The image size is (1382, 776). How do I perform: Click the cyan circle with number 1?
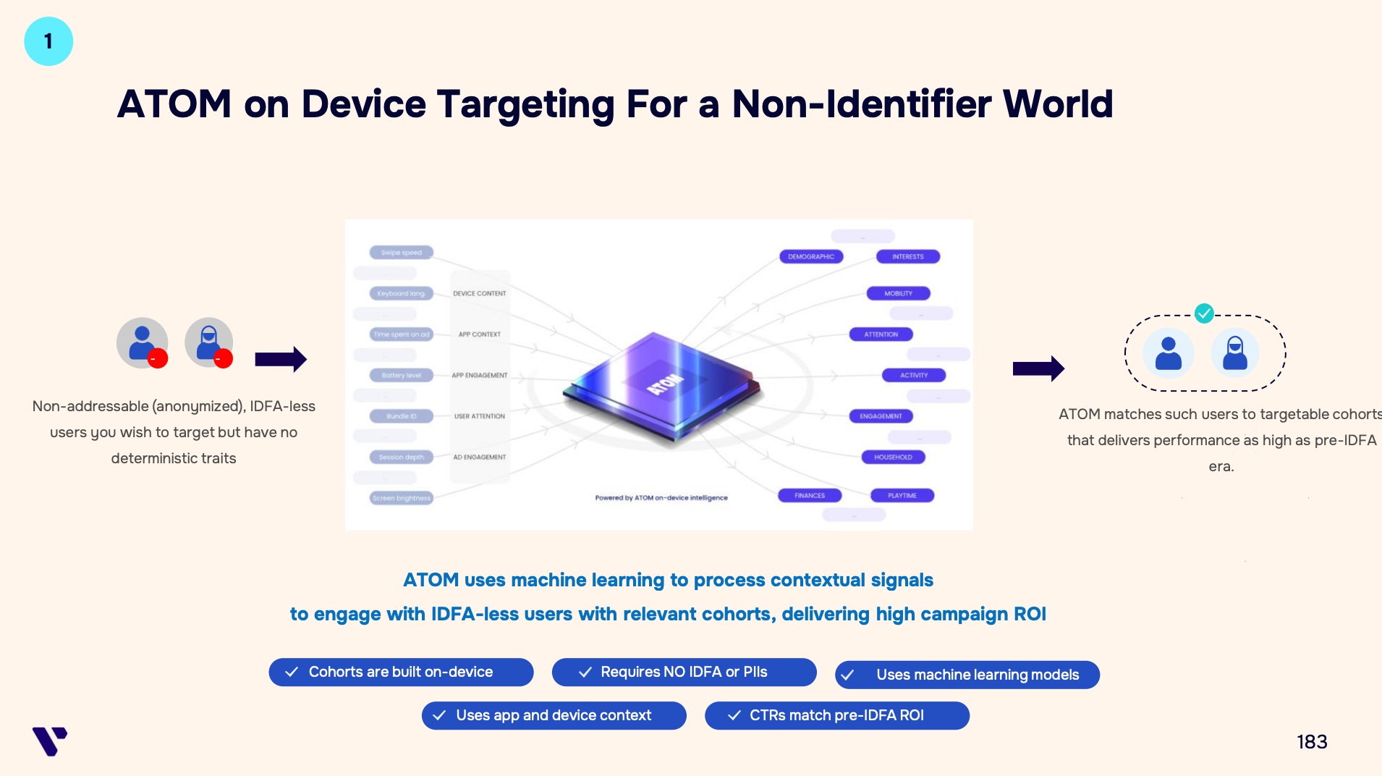(x=48, y=41)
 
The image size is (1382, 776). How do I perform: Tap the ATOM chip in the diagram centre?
(x=662, y=384)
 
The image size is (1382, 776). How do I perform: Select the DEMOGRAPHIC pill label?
(x=810, y=257)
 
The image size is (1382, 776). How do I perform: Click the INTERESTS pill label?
(x=907, y=257)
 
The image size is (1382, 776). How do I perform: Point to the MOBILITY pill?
(x=898, y=294)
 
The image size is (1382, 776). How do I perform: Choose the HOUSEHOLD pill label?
(x=893, y=457)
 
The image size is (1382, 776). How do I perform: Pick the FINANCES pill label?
(x=809, y=496)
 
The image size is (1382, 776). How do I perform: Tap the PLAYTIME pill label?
(x=902, y=496)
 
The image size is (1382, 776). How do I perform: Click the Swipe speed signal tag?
(x=401, y=253)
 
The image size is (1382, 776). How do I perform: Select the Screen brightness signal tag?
(x=401, y=498)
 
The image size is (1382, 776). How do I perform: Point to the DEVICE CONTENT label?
(x=479, y=294)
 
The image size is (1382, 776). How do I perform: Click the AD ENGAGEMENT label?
(x=479, y=457)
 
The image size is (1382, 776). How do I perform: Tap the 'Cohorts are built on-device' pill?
(x=401, y=672)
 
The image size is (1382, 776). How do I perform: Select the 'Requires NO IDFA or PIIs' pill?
(x=684, y=672)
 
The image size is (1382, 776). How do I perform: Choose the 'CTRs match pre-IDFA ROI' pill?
(x=836, y=715)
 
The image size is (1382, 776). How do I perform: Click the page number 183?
(x=1311, y=742)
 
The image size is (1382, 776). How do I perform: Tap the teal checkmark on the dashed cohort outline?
(x=1204, y=313)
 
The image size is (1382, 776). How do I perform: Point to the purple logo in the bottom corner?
(x=50, y=741)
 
